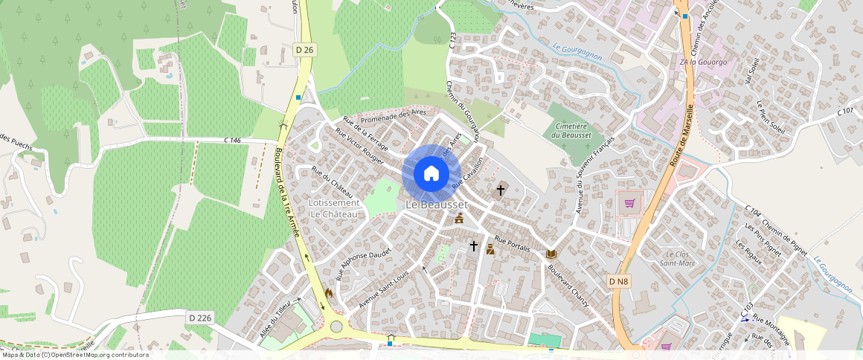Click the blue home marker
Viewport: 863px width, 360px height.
tap(431, 174)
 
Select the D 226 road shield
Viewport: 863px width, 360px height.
tap(200, 318)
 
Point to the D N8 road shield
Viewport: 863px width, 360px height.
tap(618, 281)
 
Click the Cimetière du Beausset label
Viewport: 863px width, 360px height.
tap(571, 130)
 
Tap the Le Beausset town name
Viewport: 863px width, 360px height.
tap(437, 205)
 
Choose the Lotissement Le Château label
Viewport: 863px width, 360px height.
tap(333, 208)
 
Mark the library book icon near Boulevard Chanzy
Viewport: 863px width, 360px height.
tap(551, 254)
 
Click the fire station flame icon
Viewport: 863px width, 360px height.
tap(328, 294)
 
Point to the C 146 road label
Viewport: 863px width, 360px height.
tap(233, 140)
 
